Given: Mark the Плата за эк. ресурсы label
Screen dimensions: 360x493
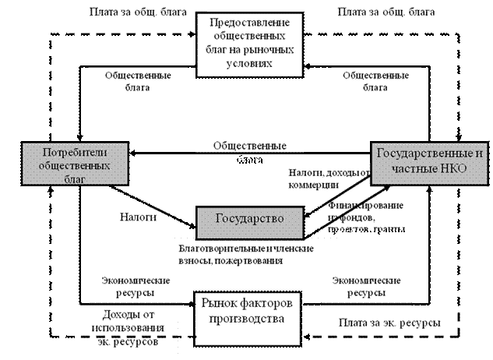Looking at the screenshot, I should [x=386, y=323].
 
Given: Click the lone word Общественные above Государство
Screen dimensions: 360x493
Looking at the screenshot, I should [x=250, y=145].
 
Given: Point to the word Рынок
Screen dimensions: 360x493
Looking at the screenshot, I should [x=220, y=304].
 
